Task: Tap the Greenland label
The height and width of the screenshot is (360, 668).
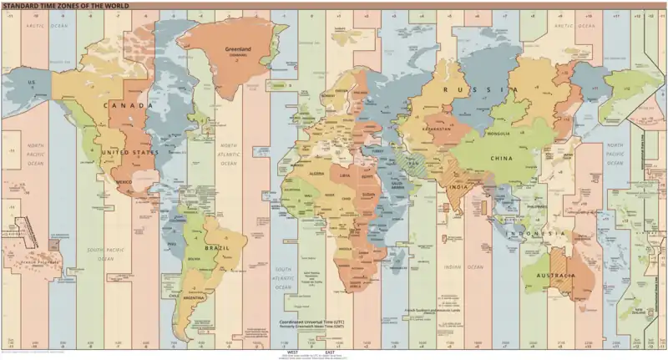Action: click(239, 49)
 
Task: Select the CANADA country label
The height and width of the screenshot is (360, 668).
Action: click(129, 106)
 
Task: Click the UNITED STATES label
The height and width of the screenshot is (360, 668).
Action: click(129, 153)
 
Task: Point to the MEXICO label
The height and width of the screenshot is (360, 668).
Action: click(125, 181)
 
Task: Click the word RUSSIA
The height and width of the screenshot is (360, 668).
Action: click(474, 89)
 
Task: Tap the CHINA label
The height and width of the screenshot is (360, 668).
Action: click(503, 157)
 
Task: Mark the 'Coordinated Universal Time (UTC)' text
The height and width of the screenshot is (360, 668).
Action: click(316, 321)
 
